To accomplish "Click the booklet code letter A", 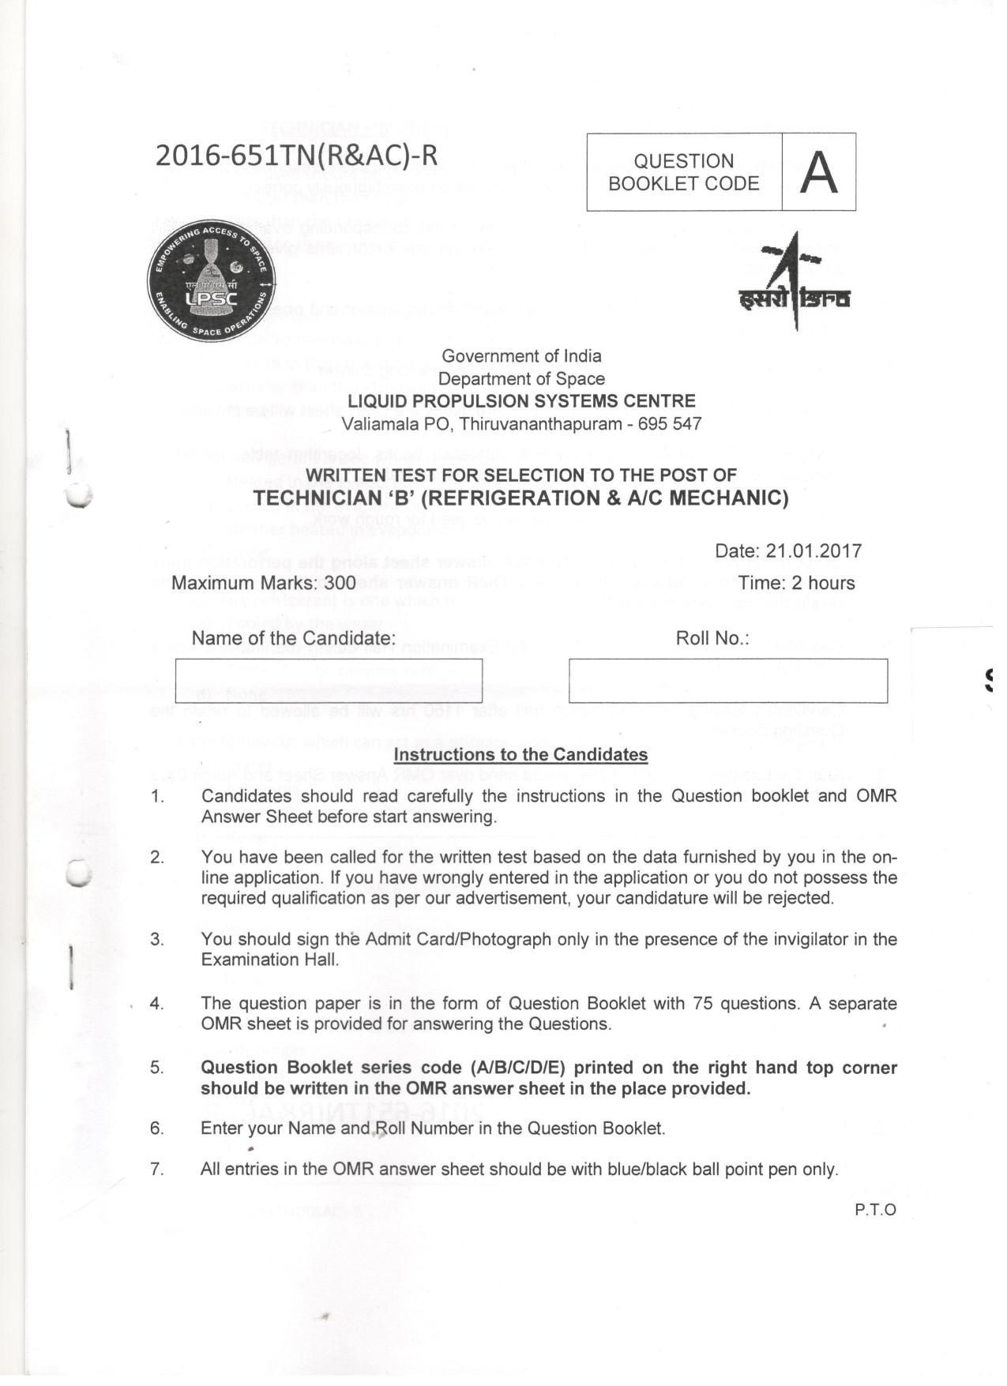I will (x=818, y=172).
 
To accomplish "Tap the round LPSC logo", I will (x=211, y=282).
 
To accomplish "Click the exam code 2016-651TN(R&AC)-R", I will (x=296, y=156).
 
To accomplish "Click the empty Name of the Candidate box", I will (x=329, y=681).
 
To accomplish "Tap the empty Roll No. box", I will (x=727, y=681).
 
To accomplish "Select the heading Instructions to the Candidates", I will (x=520, y=755).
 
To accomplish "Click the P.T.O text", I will (x=875, y=1210).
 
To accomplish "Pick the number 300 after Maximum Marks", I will (x=340, y=584).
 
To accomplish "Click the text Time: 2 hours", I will (x=796, y=584).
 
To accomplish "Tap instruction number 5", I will (x=157, y=1068).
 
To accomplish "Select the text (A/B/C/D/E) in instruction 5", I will (x=517, y=1068).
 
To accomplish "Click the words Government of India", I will (x=521, y=356).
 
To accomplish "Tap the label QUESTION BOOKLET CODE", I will (x=683, y=172).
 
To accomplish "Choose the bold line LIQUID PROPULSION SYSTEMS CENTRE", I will (x=521, y=401).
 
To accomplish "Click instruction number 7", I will (x=157, y=1170).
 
